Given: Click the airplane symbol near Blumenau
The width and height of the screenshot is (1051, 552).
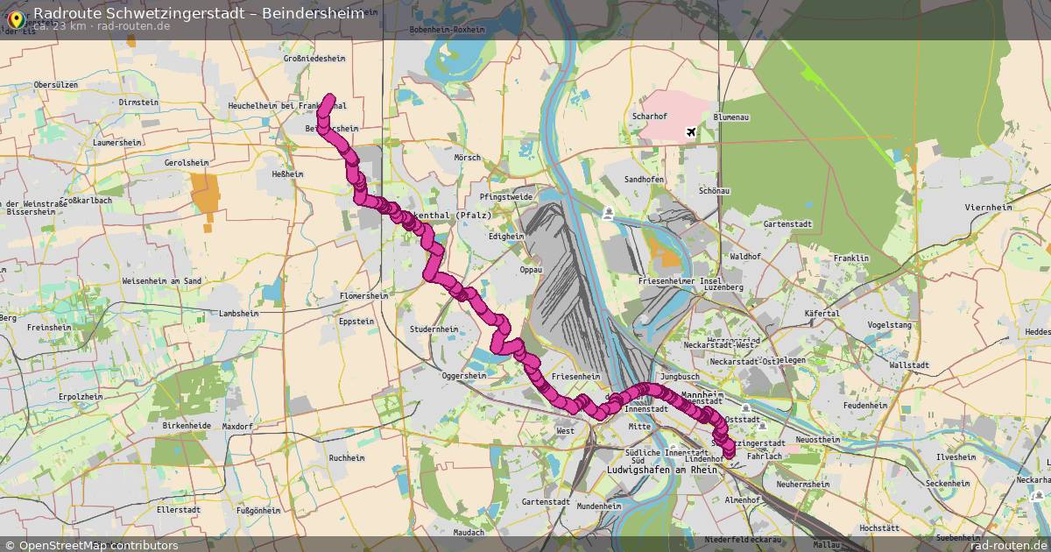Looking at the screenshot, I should [x=692, y=131].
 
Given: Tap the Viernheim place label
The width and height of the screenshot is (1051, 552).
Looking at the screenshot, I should [x=987, y=208].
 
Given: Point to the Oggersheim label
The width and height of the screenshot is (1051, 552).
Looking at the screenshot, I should [x=463, y=376].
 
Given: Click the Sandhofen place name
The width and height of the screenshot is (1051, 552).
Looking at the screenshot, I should [x=644, y=179].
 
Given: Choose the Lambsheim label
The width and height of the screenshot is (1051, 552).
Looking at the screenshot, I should [x=240, y=313].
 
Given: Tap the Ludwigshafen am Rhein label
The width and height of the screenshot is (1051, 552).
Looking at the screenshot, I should [x=661, y=471].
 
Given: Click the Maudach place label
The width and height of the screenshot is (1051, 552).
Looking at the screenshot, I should [x=469, y=533].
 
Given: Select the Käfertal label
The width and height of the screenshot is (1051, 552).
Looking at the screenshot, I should [x=821, y=314].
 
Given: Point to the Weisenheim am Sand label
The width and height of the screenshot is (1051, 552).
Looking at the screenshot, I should [x=162, y=280].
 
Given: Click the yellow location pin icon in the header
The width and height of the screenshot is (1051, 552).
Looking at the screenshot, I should [x=15, y=17].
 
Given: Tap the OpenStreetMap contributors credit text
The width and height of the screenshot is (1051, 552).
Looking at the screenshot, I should [x=98, y=545].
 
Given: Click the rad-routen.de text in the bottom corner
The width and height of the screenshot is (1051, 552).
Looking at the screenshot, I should [x=1007, y=545].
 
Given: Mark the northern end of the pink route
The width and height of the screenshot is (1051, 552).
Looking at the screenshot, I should [x=329, y=99].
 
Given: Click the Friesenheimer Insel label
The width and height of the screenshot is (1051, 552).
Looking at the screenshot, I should [x=680, y=280].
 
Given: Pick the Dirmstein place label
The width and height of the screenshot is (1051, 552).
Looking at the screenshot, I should [x=138, y=103].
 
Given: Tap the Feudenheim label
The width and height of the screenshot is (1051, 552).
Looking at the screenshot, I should [x=864, y=406].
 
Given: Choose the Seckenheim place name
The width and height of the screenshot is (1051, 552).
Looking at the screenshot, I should [x=949, y=484].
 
